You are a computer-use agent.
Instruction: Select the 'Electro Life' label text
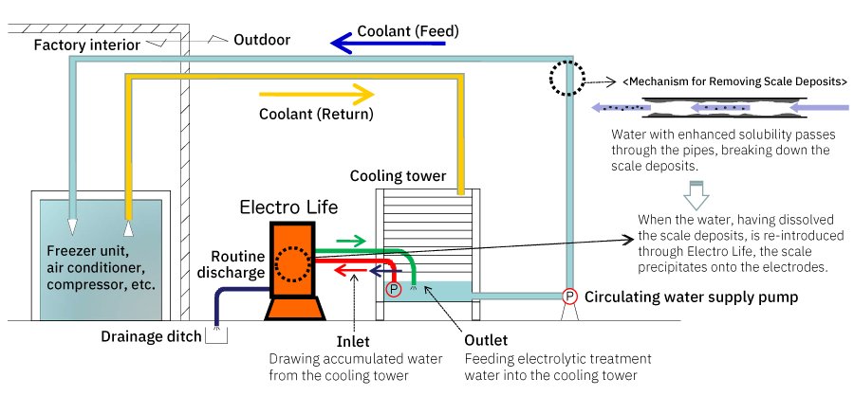[288, 207]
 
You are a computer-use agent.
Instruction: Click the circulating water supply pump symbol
[570, 296]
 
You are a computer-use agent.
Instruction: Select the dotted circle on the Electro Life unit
[292, 266]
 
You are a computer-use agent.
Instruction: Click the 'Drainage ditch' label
[150, 335]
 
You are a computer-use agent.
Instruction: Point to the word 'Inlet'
[353, 340]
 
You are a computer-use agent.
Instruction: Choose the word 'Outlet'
[487, 340]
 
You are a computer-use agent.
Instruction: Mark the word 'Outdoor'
[262, 41]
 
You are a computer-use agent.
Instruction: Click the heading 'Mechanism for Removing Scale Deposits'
[736, 81]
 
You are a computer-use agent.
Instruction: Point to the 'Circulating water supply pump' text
[691, 297]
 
